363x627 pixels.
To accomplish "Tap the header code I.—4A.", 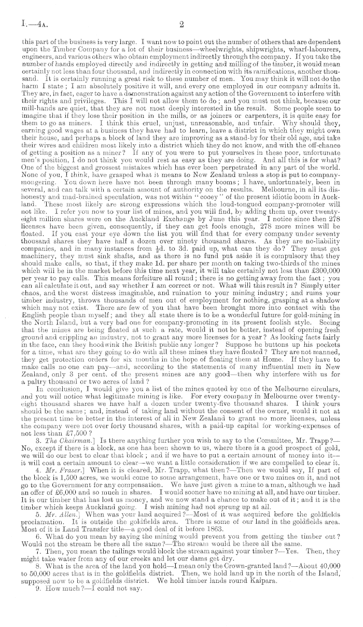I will [19, 23].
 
